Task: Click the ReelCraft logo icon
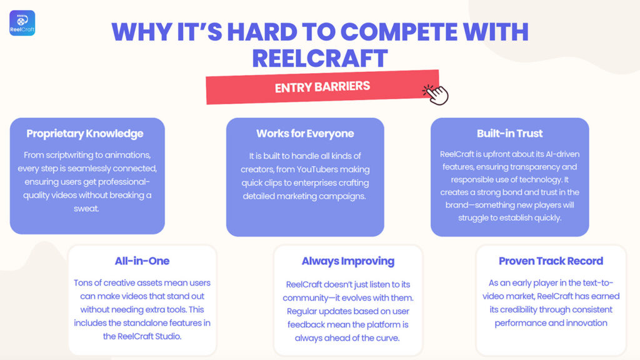pos(22,23)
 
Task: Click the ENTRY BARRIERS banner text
pos(322,87)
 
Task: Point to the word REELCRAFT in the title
pos(320,58)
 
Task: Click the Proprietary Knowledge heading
pos(85,134)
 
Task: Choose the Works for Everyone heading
pos(305,134)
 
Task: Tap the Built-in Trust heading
pos(510,134)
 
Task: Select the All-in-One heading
pos(142,261)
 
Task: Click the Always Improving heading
pos(348,261)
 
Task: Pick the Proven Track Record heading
pos(551,261)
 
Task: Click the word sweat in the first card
pos(86,209)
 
